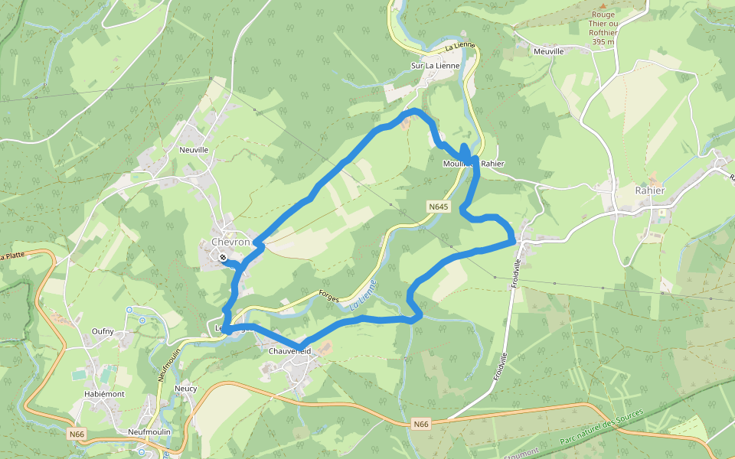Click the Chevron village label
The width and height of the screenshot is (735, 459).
click(230, 242)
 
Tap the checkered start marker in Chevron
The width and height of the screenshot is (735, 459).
click(222, 258)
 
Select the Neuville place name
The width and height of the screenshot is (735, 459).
click(194, 150)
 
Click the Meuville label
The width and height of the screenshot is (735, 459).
click(548, 51)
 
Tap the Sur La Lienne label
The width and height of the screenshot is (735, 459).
click(436, 66)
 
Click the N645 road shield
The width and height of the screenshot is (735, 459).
click(438, 207)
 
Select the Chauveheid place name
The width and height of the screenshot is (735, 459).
click(290, 351)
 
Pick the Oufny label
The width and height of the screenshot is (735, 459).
click(103, 331)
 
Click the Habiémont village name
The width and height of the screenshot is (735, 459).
click(104, 394)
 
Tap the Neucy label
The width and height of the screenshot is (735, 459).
click(186, 389)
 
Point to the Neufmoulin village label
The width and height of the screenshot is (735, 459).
click(149, 431)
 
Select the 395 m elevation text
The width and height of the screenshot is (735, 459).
click(603, 43)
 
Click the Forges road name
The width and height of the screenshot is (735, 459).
click(328, 295)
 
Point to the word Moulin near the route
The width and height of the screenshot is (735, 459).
click(456, 164)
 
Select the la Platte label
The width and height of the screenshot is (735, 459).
click(12, 256)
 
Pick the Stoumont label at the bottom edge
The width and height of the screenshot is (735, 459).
click(521, 453)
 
